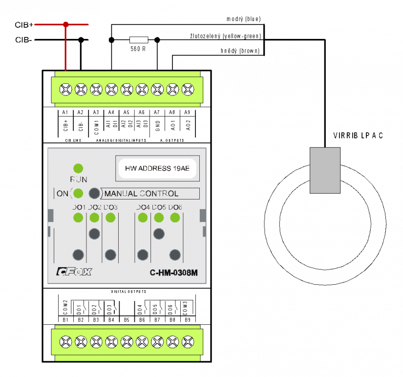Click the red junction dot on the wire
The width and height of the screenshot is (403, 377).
tap(66, 24)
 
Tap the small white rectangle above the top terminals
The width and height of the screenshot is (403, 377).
tap(139, 40)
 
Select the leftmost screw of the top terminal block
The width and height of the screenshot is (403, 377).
tap(66, 89)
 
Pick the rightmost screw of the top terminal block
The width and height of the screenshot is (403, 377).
tap(188, 89)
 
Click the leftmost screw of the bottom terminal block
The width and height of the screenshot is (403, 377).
tap(66, 342)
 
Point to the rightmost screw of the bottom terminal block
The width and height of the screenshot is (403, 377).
tap(188, 342)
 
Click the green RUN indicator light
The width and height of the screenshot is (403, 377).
tap(78, 169)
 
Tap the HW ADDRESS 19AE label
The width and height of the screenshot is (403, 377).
tap(157, 168)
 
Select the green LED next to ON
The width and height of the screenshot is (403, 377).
tap(78, 193)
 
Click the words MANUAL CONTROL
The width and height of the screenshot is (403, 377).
tap(142, 194)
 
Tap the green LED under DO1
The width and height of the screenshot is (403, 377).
tap(78, 218)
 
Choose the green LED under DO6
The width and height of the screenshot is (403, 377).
tap(175, 218)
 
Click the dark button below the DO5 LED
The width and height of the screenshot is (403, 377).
tap(159, 234)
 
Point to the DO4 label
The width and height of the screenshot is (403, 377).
tap(143, 207)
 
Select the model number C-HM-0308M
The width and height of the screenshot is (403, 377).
tap(173, 273)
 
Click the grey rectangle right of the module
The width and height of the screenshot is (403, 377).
tap(325, 170)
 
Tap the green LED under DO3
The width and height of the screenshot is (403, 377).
tap(110, 218)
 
